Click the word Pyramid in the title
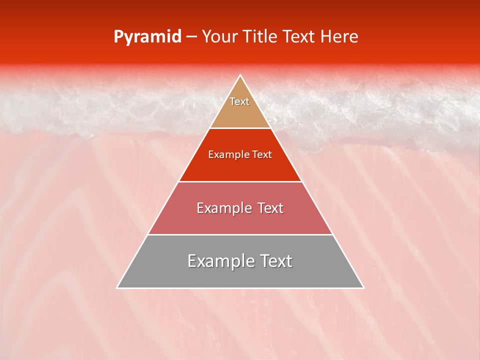[x=147, y=37]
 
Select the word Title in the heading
[x=261, y=37]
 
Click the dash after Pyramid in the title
[x=191, y=37]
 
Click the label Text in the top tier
[x=239, y=101]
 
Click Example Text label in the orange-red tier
[x=240, y=154]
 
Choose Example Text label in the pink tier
[x=240, y=208]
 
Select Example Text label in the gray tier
[x=240, y=261]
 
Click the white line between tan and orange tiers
[x=240, y=128]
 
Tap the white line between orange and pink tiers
[x=240, y=181]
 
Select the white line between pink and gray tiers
[x=240, y=234]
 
